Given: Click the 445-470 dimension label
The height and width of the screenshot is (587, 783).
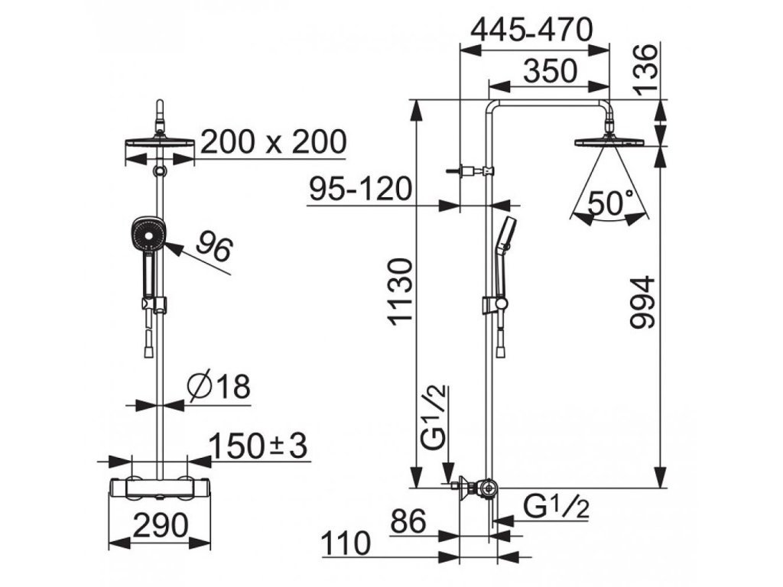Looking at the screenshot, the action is pos(532,30).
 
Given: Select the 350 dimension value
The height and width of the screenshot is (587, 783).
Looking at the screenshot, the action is pos(551,71).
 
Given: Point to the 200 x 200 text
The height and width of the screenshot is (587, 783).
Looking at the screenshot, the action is pos(273,141).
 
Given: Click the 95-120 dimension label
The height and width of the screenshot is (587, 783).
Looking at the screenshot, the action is pos(361,189).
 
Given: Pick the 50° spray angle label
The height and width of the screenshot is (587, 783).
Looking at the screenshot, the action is pos(611,202).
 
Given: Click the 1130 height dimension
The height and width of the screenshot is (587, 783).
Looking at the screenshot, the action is pos(401,291).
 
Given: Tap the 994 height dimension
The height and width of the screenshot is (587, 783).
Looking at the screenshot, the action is pos(642,302).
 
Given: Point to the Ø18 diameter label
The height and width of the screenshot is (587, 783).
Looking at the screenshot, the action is pos(219,386).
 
